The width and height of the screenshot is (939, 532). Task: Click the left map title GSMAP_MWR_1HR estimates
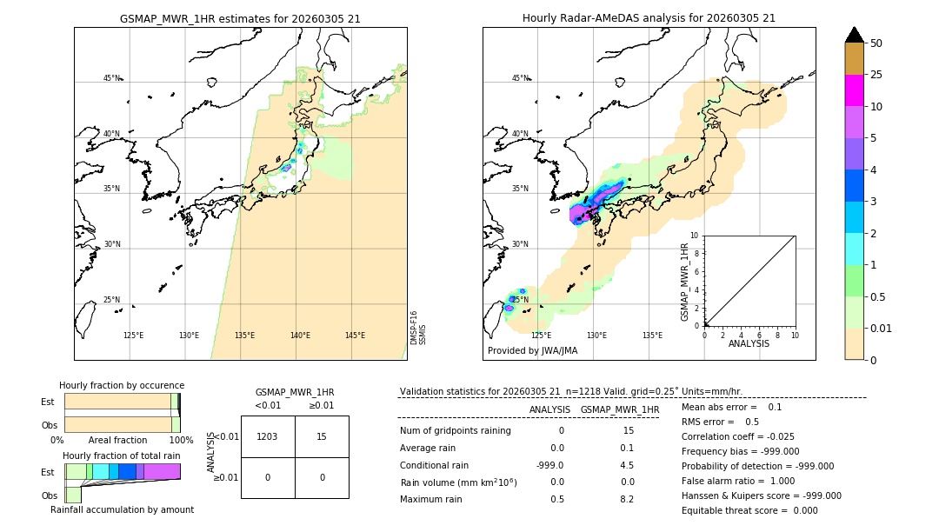[240, 18]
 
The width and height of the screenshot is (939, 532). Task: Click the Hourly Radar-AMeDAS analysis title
[649, 18]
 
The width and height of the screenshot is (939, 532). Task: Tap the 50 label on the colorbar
[876, 43]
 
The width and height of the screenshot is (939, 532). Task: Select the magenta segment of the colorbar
[854, 90]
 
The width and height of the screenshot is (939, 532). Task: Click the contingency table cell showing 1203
[267, 437]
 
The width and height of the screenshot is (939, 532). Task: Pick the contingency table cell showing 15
[322, 437]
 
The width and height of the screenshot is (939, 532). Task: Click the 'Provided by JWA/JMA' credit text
[532, 351]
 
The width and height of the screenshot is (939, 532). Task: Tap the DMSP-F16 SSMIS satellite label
[418, 328]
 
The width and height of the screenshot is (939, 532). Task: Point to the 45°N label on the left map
[111, 78]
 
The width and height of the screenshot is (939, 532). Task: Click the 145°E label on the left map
[355, 336]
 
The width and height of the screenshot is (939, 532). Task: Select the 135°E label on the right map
[652, 336]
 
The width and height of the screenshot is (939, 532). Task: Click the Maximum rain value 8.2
[626, 499]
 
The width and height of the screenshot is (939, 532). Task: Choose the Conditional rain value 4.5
[626, 465]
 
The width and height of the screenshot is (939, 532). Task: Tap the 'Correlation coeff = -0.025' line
[737, 436]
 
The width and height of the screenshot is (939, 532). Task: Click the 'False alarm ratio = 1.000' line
[738, 481]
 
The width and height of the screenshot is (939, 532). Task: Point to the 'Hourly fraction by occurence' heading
[122, 385]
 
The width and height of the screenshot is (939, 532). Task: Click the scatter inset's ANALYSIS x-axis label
[749, 343]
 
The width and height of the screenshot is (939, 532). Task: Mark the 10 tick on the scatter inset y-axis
[695, 236]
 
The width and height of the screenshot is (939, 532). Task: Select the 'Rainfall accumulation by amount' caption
[122, 509]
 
